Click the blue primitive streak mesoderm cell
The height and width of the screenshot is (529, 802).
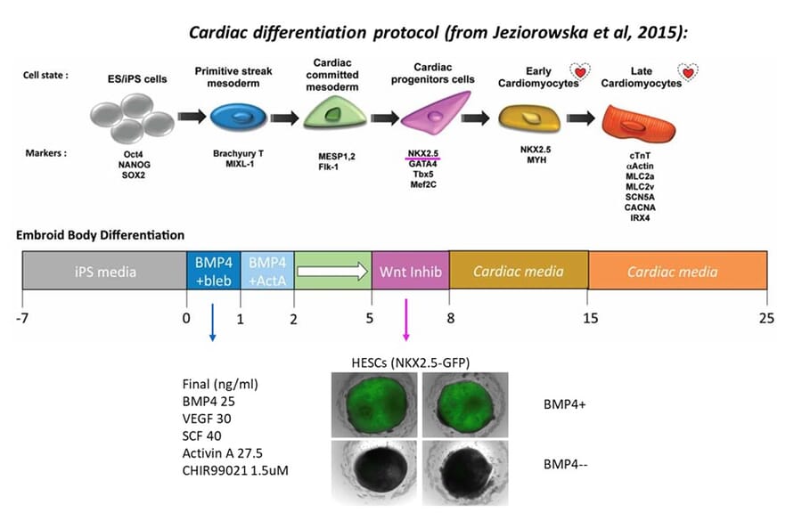coord(235,117)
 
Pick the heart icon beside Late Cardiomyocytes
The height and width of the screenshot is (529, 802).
coord(688,75)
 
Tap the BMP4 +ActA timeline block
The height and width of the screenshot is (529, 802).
coord(267,271)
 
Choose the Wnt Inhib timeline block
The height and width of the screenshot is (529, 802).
coord(411,271)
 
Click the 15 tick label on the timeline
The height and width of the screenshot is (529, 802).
coord(588,318)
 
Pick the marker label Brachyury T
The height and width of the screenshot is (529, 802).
coord(235,153)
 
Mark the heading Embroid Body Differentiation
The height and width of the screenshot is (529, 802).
coord(101,235)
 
